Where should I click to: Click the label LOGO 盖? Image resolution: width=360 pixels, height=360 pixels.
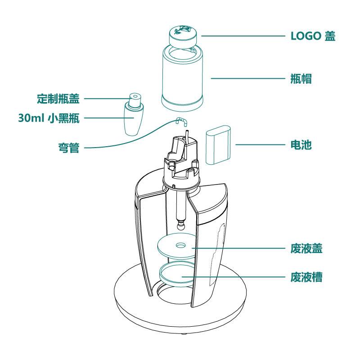313,36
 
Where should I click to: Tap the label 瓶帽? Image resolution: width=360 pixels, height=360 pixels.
301,79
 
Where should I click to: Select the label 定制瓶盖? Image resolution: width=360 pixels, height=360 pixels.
58,99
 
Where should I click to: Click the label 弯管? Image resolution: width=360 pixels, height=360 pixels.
68,147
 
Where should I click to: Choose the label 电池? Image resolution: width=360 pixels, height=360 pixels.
301,145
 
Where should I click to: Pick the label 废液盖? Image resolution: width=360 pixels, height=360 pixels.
306,248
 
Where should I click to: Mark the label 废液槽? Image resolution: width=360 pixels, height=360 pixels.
306,276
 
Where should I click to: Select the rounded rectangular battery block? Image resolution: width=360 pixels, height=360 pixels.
218,147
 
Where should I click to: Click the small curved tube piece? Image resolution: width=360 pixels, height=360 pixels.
181,121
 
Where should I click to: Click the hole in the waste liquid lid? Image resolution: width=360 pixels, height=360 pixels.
180,246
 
